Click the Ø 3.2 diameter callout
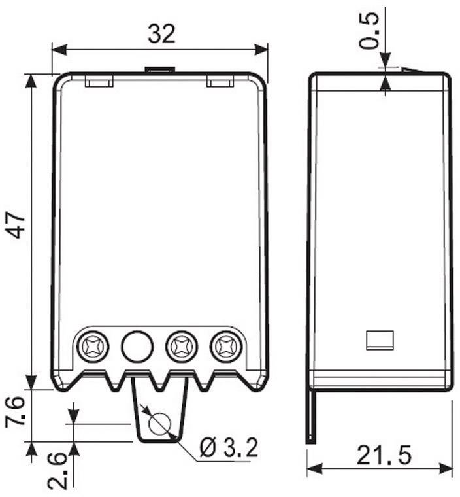point(228,448)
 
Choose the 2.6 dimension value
point(57,468)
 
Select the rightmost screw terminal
point(226,345)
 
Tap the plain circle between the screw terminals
point(137,345)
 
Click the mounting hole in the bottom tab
point(159,424)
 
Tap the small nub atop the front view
point(159,69)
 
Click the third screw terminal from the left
point(180,345)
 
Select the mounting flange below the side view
point(311,416)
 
